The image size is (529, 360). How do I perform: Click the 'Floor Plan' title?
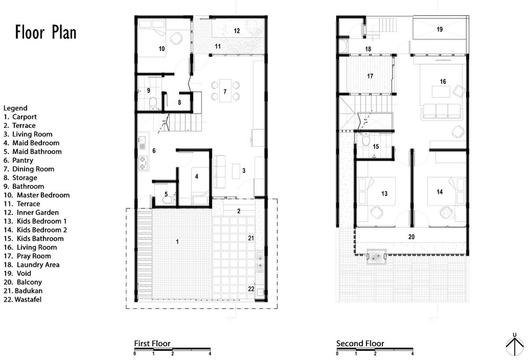(46, 33)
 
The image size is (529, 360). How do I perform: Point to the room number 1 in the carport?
(177, 241)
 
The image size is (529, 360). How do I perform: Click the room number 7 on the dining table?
(225, 92)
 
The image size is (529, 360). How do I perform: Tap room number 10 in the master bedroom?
(162, 49)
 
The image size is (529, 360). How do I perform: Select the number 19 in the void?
(440, 30)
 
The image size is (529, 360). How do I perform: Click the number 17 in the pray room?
(370, 76)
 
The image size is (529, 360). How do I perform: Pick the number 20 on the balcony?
(411, 237)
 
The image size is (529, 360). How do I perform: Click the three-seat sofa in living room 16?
(441, 111)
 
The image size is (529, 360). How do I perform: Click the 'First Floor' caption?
(152, 344)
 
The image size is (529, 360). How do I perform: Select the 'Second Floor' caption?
(360, 344)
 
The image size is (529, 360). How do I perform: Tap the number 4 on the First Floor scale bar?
(210, 354)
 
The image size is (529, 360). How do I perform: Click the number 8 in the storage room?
(179, 102)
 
